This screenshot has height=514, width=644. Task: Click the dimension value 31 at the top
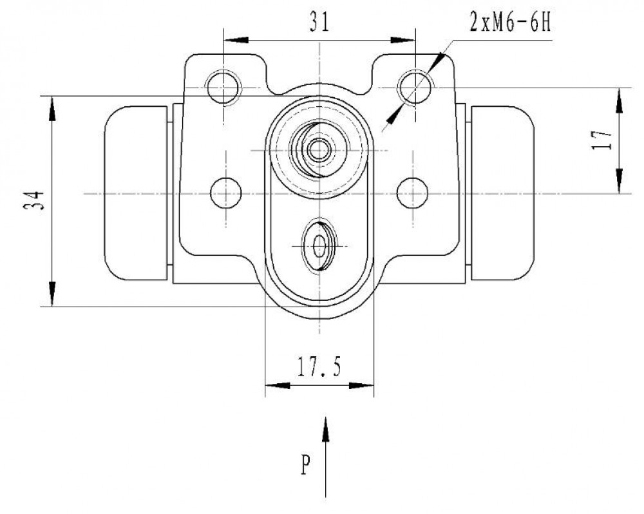tap(319, 23)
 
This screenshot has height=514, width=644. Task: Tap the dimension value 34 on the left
tap(33, 201)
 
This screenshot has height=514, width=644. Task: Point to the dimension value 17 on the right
tap(602, 140)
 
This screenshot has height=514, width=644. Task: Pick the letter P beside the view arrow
tap(305, 464)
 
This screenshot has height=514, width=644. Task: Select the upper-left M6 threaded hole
tap(223, 87)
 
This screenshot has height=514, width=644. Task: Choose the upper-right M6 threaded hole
tap(415, 87)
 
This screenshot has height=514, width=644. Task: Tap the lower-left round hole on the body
tap(225, 193)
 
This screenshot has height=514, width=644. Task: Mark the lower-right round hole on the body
tap(412, 193)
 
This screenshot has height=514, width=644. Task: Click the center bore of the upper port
tap(319, 150)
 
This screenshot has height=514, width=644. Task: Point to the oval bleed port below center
tap(319, 245)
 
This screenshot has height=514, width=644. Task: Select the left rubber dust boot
tap(136, 193)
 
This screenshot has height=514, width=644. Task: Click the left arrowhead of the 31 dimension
tap(236, 41)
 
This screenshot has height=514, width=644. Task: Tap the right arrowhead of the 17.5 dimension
tap(361, 385)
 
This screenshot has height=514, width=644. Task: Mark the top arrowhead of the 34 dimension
tap(52, 108)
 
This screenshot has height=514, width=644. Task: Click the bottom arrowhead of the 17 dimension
tap(619, 181)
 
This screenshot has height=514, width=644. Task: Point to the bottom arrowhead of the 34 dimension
tap(52, 294)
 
